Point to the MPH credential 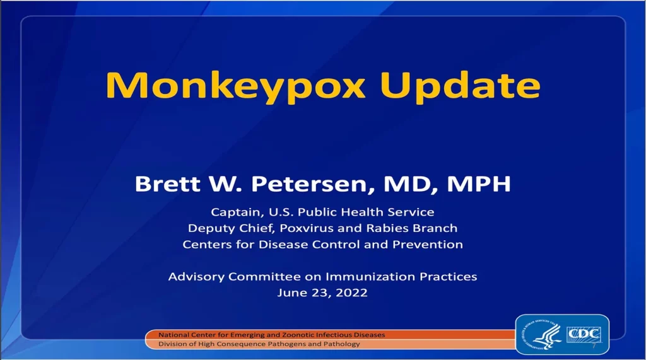pos(479,183)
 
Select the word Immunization pos(370,276)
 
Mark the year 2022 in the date pos(351,293)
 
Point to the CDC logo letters pos(584,334)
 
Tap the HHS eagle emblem pos(542,334)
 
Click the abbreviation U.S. pos(281,212)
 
